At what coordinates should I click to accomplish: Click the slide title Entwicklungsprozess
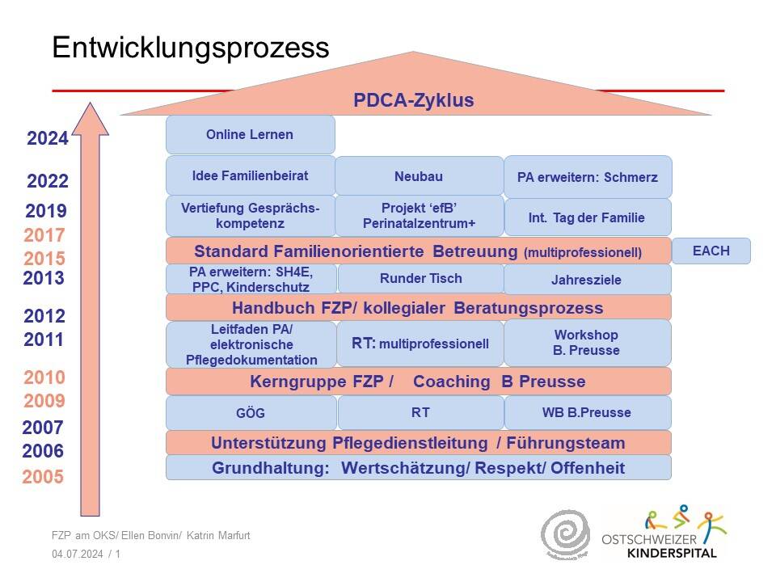[191, 48]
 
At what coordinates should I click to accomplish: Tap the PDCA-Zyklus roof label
[413, 101]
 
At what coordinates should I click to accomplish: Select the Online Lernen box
[250, 134]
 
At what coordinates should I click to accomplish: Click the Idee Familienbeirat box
[250, 175]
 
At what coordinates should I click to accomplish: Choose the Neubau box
[419, 176]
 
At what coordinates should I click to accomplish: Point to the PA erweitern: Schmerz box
[588, 177]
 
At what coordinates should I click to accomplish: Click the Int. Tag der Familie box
[588, 217]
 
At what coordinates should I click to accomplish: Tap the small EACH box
[711, 251]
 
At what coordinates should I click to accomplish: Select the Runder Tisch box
[420, 279]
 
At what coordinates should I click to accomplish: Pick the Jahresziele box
[588, 280]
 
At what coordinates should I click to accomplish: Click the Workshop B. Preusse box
[588, 343]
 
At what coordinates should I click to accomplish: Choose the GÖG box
[251, 413]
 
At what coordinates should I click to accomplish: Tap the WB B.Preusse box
[588, 412]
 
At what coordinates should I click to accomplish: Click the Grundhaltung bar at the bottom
[418, 468]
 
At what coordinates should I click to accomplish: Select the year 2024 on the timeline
[48, 139]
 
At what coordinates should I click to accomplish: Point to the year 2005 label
[43, 477]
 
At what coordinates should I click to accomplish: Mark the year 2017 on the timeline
[44, 236]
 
